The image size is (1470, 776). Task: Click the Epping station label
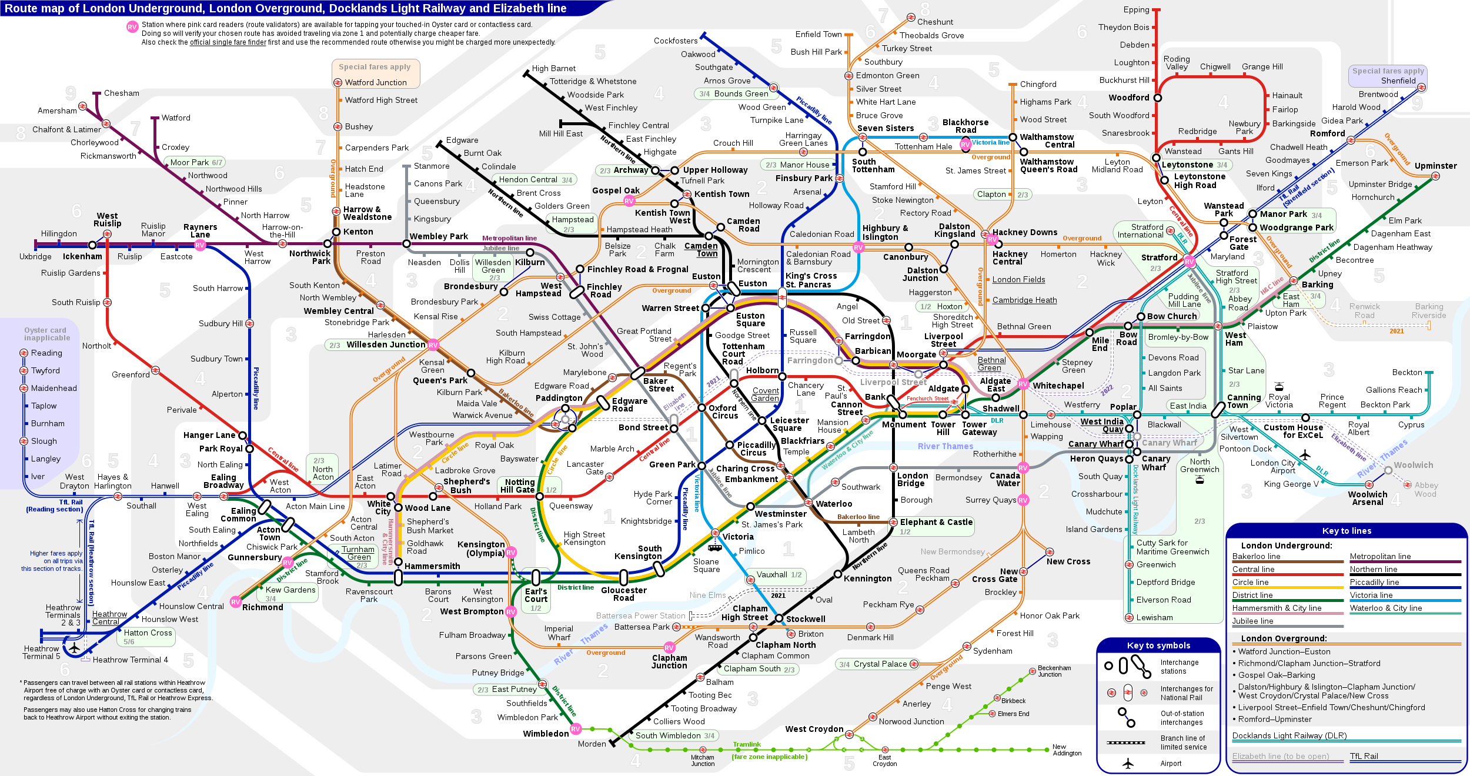[1136, 10]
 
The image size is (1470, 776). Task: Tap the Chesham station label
[121, 93]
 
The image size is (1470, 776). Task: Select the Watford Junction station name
[375, 83]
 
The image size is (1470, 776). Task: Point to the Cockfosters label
[676, 41]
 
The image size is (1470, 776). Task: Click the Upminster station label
[1435, 166]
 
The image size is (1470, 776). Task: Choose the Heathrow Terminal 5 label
[41, 653]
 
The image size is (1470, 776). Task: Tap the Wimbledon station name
[546, 734]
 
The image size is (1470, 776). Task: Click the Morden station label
[592, 744]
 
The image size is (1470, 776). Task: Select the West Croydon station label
[814, 730]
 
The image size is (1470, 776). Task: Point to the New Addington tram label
[1067, 750]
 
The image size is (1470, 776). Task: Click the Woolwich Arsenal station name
[1367, 499]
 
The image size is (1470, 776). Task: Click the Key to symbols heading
[1158, 645]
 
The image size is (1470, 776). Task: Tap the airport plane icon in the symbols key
[1127, 764]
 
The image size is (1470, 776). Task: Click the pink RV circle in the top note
[132, 27]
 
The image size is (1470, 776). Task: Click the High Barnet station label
[553, 69]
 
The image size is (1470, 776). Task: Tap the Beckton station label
[1406, 373]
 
